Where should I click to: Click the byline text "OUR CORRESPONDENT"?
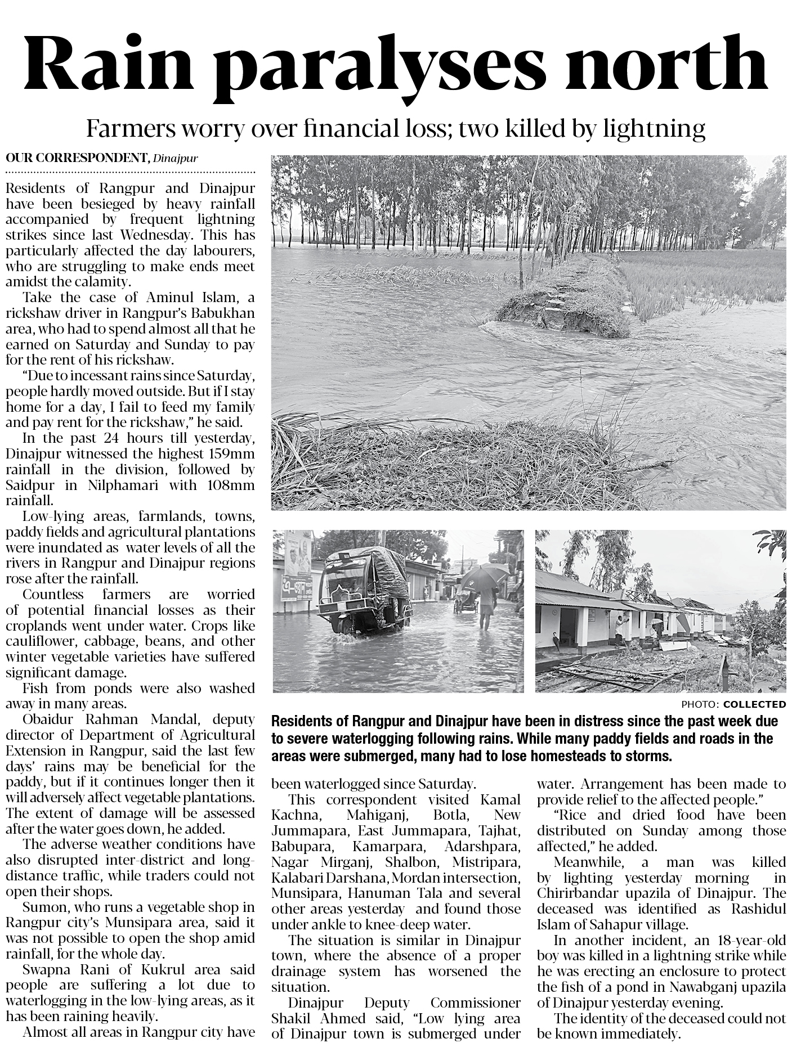point(77,158)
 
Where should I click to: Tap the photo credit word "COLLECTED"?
point(754,704)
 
